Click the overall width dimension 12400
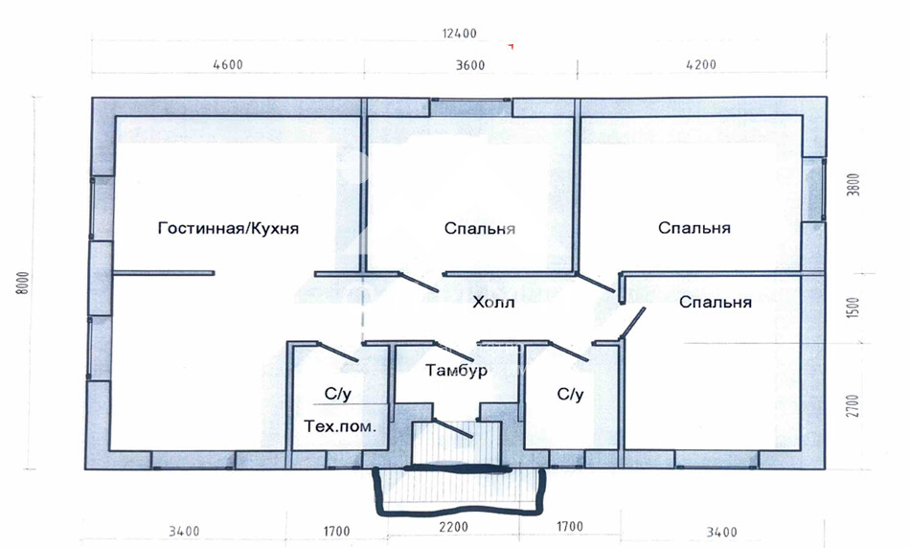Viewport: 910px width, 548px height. click(459, 34)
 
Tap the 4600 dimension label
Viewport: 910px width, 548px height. click(228, 64)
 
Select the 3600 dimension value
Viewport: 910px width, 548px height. click(469, 65)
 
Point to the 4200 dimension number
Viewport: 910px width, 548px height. click(701, 64)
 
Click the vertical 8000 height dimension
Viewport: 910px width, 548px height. click(23, 283)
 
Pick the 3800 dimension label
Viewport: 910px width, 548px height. click(853, 185)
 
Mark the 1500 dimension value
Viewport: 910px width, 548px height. click(853, 308)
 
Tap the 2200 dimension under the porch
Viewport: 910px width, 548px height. click(453, 527)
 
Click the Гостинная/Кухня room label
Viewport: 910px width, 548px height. click(228, 228)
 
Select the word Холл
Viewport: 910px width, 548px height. click(493, 303)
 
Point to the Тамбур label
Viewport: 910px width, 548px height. click(456, 371)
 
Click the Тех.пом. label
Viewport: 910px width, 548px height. click(340, 426)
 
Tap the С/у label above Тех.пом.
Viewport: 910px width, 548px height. click(338, 394)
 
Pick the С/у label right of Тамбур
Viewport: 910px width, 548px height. click(570, 395)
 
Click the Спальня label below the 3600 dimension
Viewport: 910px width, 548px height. click(479, 228)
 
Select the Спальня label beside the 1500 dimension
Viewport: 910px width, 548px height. click(715, 302)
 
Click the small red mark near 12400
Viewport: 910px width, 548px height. click(511, 46)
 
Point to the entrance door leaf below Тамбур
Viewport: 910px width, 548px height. click(453, 428)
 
